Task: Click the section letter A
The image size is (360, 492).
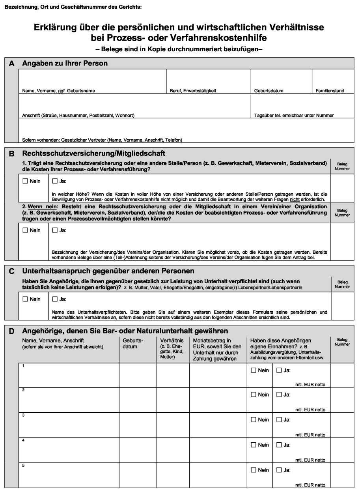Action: tap(12, 64)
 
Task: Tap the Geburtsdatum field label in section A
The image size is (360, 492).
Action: tap(269, 91)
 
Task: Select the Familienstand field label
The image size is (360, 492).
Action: tap(330, 91)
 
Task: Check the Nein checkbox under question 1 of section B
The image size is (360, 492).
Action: tap(26, 181)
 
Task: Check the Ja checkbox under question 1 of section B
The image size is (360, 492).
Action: tap(55, 181)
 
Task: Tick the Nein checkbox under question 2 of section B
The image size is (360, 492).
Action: tap(26, 230)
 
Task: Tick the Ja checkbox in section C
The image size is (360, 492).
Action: tap(55, 299)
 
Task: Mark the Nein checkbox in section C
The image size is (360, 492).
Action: tap(26, 299)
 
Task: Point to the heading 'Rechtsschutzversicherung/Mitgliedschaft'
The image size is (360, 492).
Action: tap(93, 153)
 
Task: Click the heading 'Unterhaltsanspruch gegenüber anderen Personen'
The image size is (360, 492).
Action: tap(108, 271)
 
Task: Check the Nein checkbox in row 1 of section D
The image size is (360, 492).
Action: tap(254, 370)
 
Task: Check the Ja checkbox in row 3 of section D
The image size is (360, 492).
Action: tap(279, 420)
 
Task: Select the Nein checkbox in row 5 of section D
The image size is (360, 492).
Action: tap(254, 470)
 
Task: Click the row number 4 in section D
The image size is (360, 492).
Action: tap(24, 440)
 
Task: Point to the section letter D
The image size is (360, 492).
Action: tap(12, 331)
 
